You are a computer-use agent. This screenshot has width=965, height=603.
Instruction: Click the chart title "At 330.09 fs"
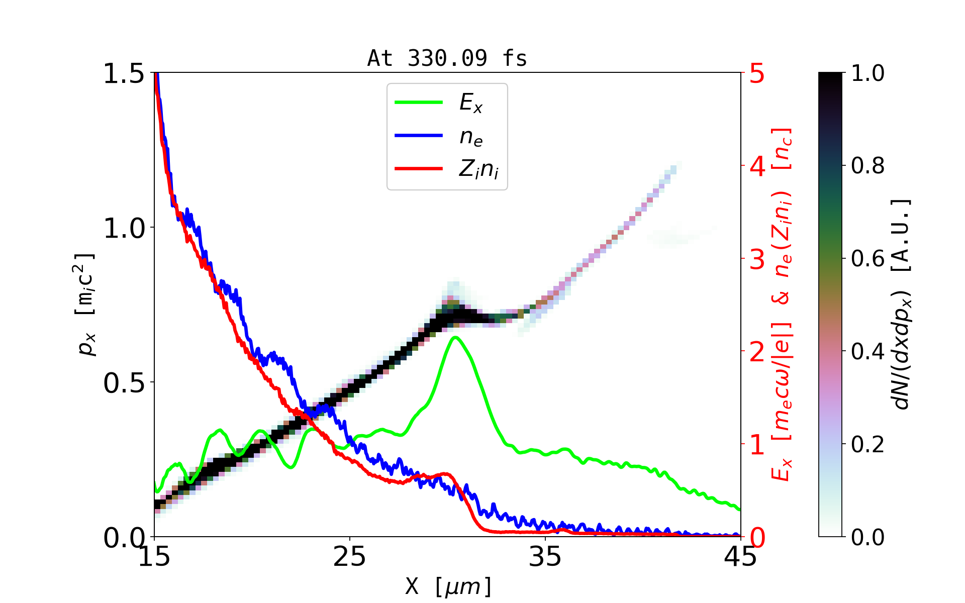pyautogui.click(x=447, y=58)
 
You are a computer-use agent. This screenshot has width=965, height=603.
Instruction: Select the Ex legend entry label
pyautogui.click(x=471, y=103)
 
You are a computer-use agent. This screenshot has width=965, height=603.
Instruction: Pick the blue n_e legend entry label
pyautogui.click(x=471, y=137)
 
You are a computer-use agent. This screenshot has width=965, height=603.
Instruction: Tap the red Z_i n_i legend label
pyautogui.click(x=478, y=170)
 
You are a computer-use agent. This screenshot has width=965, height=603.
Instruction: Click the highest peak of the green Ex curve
pyautogui.click(x=455, y=337)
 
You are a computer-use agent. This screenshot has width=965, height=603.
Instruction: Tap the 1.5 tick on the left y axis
pyautogui.click(x=124, y=73)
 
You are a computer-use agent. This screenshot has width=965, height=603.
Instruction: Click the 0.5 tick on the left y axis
pyautogui.click(x=124, y=383)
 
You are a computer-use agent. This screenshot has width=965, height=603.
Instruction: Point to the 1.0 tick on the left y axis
pyautogui.click(x=124, y=228)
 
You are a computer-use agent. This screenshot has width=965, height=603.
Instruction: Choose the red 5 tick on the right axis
pyautogui.click(x=757, y=73)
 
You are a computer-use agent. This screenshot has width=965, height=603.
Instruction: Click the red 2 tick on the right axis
pyautogui.click(x=757, y=352)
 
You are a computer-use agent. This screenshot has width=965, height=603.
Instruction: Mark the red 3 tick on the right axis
pyautogui.click(x=757, y=259)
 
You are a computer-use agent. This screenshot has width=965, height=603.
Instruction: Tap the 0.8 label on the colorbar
pyautogui.click(x=867, y=166)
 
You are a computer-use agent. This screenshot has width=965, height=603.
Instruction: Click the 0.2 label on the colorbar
pyautogui.click(x=867, y=444)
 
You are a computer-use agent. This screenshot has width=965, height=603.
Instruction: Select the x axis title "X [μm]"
pyautogui.click(x=448, y=586)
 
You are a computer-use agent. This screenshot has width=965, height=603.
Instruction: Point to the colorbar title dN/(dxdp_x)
pyautogui.click(x=903, y=305)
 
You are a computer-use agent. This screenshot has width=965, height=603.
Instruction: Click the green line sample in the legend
pyautogui.click(x=419, y=103)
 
